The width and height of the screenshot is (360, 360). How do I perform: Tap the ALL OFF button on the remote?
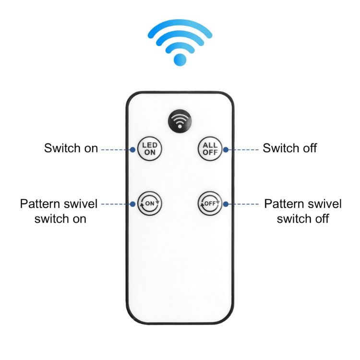(x=210, y=148)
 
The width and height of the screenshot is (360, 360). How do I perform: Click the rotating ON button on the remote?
(x=150, y=204)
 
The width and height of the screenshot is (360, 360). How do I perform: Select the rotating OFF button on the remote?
(x=210, y=204)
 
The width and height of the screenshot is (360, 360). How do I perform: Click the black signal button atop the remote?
(x=180, y=121)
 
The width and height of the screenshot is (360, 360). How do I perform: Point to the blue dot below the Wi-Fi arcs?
(x=180, y=60)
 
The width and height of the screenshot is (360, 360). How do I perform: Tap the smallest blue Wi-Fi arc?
(x=180, y=48)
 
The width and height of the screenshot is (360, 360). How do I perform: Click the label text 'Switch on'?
(x=71, y=148)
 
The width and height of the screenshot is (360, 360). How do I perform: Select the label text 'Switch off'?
(x=290, y=148)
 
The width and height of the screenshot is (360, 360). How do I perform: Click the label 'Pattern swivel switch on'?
(x=59, y=211)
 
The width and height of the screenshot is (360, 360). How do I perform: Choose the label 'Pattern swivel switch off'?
(x=303, y=211)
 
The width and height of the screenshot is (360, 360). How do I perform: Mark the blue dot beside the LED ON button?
(x=132, y=150)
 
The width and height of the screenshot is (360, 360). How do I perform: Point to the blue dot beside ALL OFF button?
(x=226, y=150)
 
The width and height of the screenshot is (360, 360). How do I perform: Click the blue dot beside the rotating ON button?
(x=132, y=204)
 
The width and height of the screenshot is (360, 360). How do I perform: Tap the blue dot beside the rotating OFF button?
(x=226, y=204)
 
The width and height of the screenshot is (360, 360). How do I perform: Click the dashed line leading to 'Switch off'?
(x=243, y=150)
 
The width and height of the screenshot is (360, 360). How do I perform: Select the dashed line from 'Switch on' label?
(x=116, y=150)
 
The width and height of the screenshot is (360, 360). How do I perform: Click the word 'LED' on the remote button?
(x=150, y=145)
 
